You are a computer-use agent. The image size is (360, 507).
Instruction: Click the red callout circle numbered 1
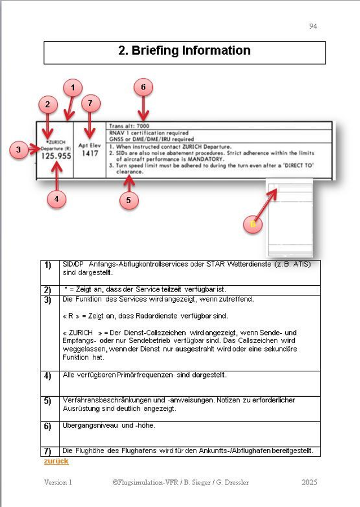pyautogui.click(x=73, y=87)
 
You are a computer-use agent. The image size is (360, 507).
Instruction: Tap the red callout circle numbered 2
pyautogui.click(x=48, y=104)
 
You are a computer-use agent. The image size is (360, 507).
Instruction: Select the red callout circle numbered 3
pyautogui.click(x=19, y=150)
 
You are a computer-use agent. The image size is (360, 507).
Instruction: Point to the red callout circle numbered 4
pyautogui.click(x=57, y=199)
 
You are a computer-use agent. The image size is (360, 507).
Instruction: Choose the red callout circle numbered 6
pyautogui.click(x=143, y=87)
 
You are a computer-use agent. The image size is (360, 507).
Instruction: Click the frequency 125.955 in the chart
pyautogui.click(x=56, y=156)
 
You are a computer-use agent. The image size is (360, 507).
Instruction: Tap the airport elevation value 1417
pyautogui.click(x=89, y=152)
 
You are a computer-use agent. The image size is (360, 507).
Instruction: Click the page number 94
pyautogui.click(x=313, y=26)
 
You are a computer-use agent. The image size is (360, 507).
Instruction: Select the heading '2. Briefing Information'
pyautogui.click(x=184, y=51)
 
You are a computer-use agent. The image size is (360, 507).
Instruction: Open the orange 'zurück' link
pyautogui.click(x=56, y=461)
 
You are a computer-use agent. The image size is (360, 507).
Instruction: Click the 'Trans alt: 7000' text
pyautogui.click(x=130, y=125)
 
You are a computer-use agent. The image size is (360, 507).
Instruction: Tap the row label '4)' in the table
pyautogui.click(x=48, y=375)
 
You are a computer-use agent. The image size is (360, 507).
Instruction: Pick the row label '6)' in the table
pyautogui.click(x=48, y=426)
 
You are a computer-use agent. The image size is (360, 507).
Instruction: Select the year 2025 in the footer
pyautogui.click(x=309, y=482)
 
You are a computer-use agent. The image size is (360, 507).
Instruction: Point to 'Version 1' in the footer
pyautogui.click(x=58, y=482)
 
